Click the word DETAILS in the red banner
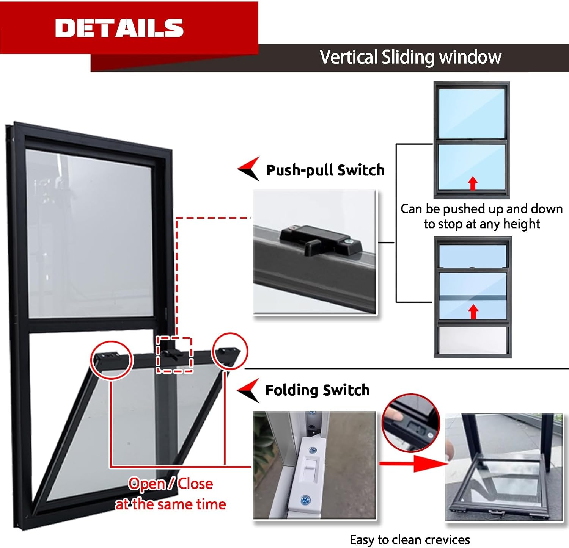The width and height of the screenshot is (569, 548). [x=119, y=28]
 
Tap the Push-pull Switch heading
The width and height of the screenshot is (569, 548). [x=325, y=170]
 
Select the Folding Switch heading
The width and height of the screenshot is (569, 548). [x=317, y=390]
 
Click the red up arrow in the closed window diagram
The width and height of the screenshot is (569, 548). [x=472, y=183]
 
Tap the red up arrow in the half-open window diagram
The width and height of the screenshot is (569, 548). [x=473, y=312]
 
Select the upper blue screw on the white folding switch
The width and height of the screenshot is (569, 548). [x=313, y=450]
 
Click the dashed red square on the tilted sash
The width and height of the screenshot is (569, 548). [x=174, y=354]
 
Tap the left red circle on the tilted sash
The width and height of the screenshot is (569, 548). [x=112, y=360]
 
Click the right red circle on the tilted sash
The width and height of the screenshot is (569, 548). [x=230, y=351]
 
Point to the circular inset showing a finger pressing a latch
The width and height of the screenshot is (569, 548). [x=411, y=423]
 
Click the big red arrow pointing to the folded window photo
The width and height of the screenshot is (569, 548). [x=413, y=463]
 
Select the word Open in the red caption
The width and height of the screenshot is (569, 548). [x=147, y=484]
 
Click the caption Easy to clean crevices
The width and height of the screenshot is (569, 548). [x=410, y=540]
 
